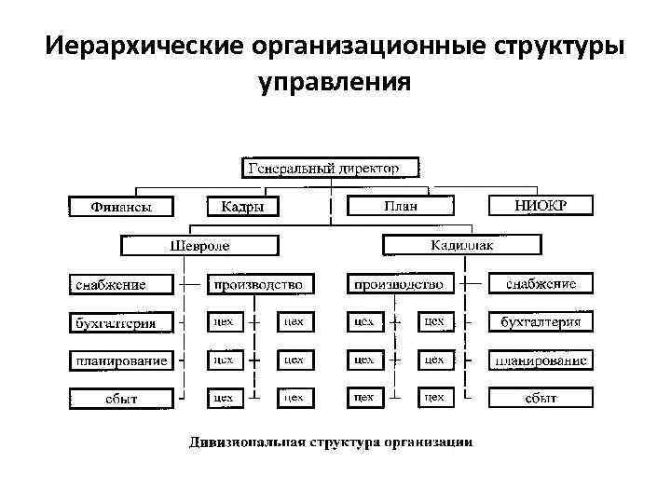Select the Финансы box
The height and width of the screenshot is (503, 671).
[x=121, y=207]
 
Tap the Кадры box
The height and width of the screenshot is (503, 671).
[x=241, y=207]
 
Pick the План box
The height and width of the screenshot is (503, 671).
[x=402, y=207]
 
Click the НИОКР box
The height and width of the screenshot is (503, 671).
[x=541, y=205]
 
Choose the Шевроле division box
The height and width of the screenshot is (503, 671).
[x=199, y=246]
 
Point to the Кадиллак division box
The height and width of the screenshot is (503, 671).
[x=462, y=245]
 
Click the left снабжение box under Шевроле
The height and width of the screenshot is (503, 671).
[x=121, y=284]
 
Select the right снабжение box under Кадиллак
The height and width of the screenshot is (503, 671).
[x=541, y=283]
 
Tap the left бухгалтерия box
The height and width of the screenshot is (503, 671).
[x=121, y=322]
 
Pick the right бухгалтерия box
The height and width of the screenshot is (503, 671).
[x=541, y=322]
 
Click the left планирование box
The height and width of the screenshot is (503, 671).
[x=121, y=360]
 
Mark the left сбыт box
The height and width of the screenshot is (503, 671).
[x=121, y=398]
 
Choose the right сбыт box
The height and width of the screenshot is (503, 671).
[x=541, y=398]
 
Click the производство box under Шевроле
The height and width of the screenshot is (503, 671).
[x=259, y=283]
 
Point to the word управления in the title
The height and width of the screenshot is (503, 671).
[x=335, y=84]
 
